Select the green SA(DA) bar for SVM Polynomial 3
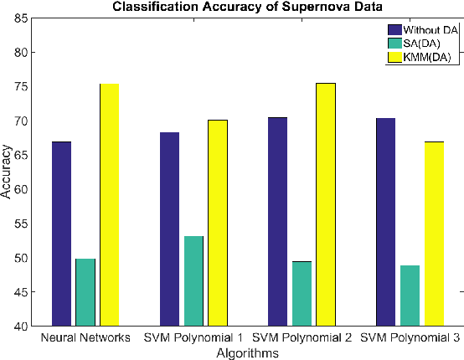tap(410, 295)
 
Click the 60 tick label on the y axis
tap(18, 189)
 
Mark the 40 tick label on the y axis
tap(18, 326)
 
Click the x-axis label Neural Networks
tap(85, 340)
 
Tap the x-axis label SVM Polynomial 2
tap(302, 340)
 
